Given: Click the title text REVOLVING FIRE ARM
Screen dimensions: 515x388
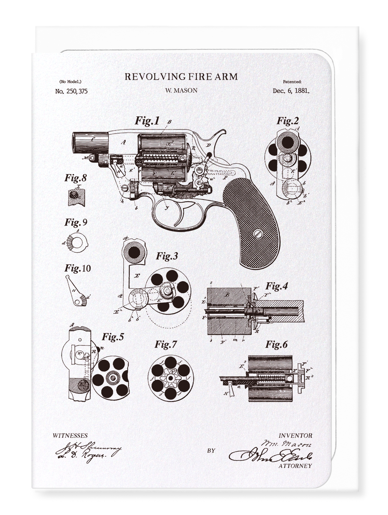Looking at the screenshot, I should pyautogui.click(x=181, y=77).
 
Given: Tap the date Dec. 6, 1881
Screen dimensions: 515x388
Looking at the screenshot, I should pyautogui.click(x=291, y=91).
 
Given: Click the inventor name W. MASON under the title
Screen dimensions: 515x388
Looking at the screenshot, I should pyautogui.click(x=181, y=91).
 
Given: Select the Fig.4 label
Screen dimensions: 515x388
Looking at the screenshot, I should pyautogui.click(x=277, y=286).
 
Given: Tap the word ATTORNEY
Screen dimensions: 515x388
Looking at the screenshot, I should pyautogui.click(x=295, y=466).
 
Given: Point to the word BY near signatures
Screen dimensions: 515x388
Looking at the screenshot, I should pyautogui.click(x=211, y=450).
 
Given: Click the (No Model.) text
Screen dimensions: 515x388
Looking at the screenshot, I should pyautogui.click(x=70, y=82).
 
